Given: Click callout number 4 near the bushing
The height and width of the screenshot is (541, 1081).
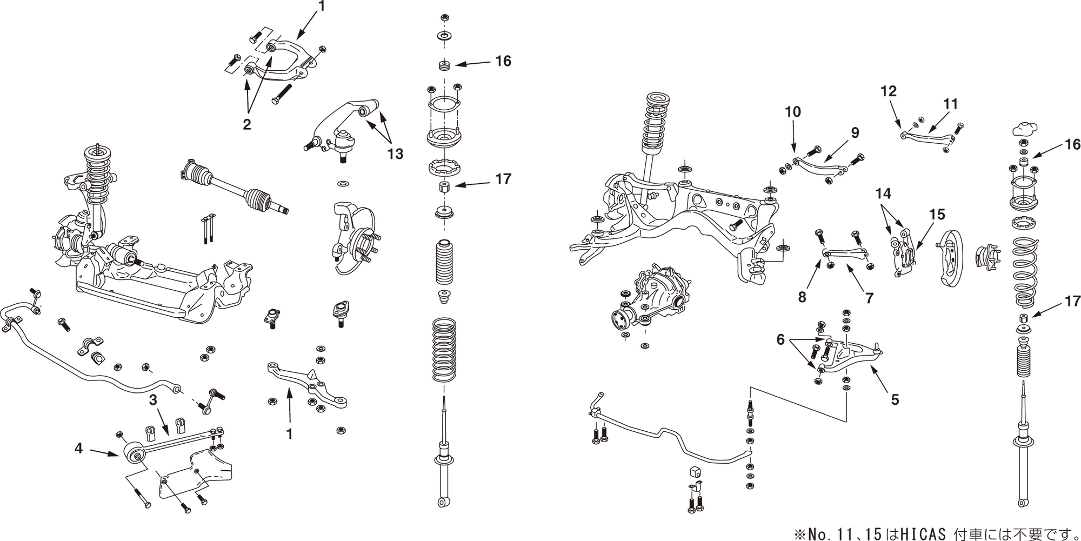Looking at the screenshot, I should (x=79, y=448).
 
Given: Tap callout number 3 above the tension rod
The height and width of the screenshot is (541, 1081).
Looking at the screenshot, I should (x=154, y=400).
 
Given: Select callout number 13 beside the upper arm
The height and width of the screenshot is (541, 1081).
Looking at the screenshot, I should (x=395, y=154).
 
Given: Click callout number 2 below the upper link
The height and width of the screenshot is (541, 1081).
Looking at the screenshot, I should (x=247, y=124).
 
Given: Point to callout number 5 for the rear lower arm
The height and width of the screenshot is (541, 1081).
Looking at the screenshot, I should (x=895, y=399).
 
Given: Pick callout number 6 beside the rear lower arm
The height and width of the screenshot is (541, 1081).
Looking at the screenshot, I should (x=780, y=339).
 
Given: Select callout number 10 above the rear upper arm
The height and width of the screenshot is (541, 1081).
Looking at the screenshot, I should (x=855, y=132).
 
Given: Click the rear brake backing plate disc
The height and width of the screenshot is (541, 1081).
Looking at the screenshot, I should (x=952, y=259).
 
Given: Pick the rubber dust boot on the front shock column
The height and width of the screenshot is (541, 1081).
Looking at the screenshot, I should (x=444, y=262).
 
